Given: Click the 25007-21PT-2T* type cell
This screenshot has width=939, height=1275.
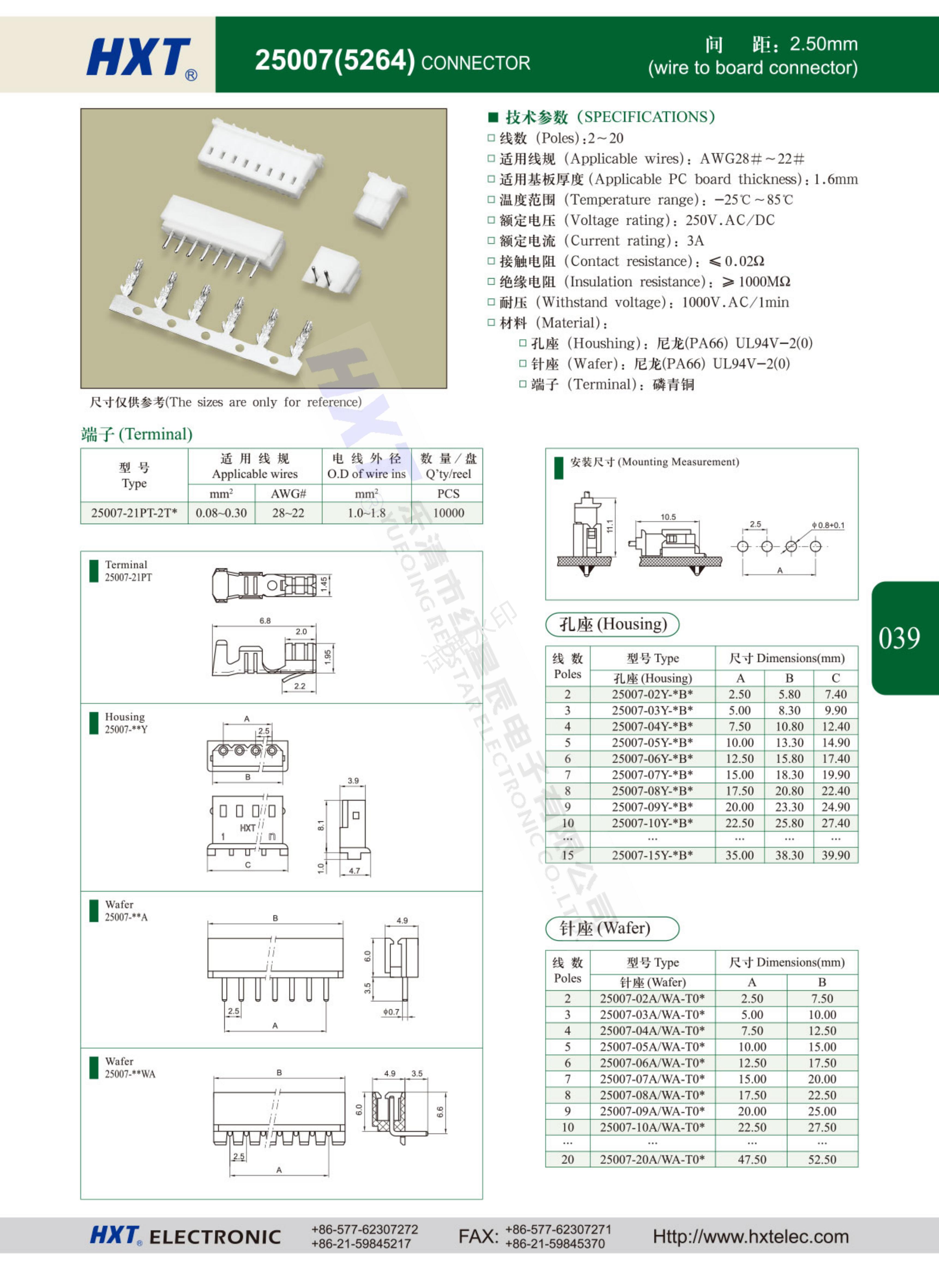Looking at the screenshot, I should pos(134,513).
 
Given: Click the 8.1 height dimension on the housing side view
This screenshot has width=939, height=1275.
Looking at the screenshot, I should pos(321,825).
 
